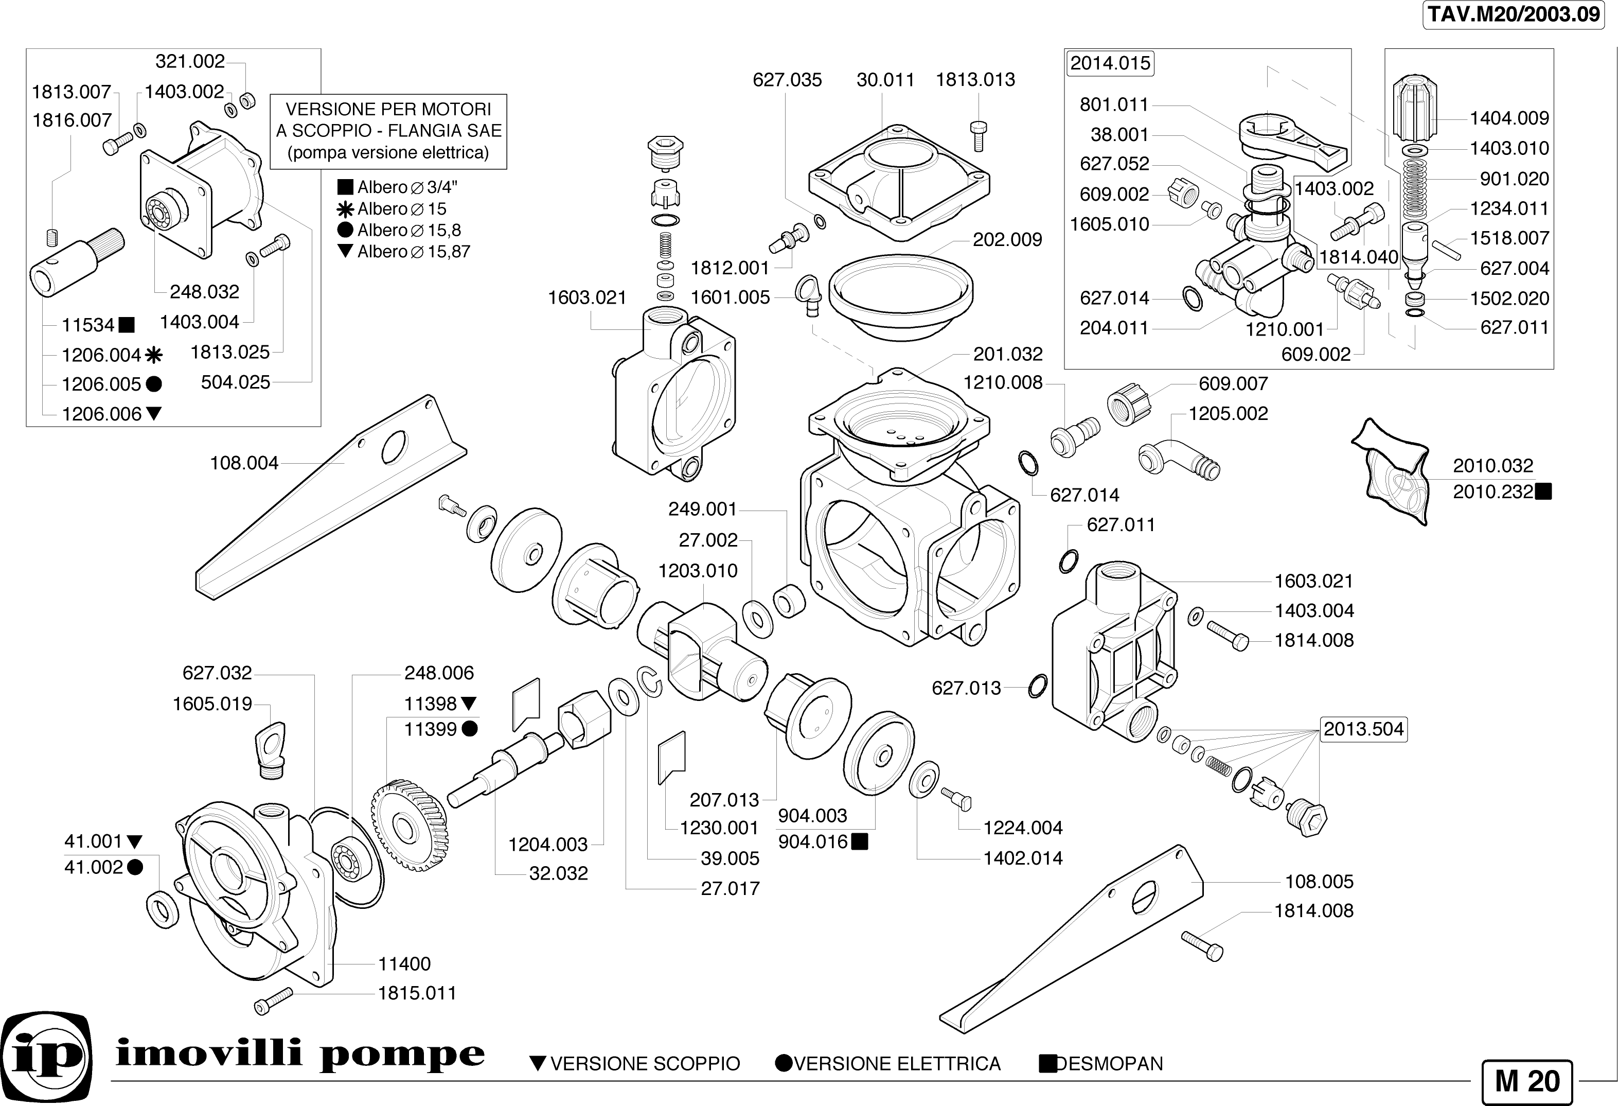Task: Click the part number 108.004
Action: click(244, 463)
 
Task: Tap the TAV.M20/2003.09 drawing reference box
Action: click(1514, 14)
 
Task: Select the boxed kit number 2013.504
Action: click(1363, 729)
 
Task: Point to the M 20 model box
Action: click(1527, 1081)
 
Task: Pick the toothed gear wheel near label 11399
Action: click(410, 826)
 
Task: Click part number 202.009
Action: click(1007, 240)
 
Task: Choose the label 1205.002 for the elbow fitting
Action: click(1228, 414)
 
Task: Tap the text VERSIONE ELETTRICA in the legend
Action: click(897, 1063)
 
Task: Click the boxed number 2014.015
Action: click(1110, 63)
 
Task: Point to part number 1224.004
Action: click(1023, 828)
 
